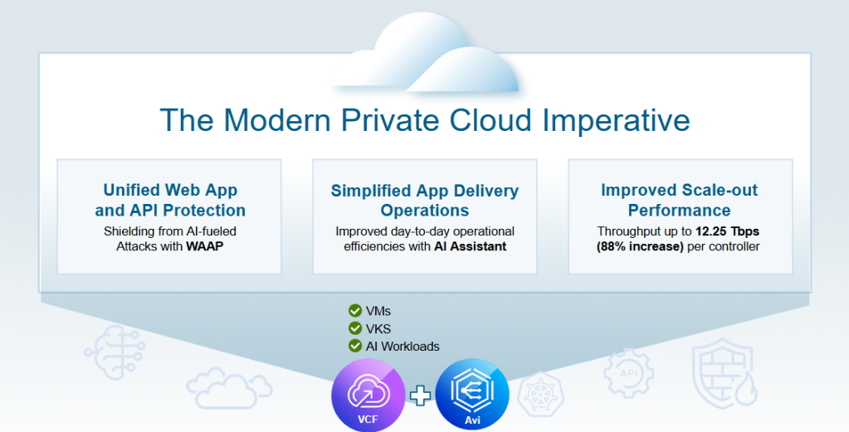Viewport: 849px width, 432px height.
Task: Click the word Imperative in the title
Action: pos(616,121)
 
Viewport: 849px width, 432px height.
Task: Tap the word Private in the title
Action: pos(390,120)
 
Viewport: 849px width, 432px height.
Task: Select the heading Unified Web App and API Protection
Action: pos(170,200)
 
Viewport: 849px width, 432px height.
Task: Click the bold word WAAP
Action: pos(205,246)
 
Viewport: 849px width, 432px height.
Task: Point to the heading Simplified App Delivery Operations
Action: pos(425,200)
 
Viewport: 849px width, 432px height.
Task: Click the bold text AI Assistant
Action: pos(470,246)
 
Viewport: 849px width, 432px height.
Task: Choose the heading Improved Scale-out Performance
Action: pos(679,200)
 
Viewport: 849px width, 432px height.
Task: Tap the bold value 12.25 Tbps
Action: pos(727,231)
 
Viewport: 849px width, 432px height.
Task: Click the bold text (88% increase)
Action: pos(640,246)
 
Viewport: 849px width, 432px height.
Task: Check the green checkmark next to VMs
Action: pos(355,310)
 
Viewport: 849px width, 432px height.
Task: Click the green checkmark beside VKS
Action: pos(355,328)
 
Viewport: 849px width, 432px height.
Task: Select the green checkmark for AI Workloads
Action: pos(355,346)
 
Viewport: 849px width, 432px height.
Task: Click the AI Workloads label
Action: pos(403,347)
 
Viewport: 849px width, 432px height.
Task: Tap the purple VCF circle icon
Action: pos(368,396)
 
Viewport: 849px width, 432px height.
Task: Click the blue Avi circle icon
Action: pos(472,396)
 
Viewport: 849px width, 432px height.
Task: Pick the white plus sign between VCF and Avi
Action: pos(420,396)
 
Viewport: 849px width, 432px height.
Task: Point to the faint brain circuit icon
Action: pos(115,352)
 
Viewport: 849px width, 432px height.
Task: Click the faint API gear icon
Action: pos(628,374)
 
